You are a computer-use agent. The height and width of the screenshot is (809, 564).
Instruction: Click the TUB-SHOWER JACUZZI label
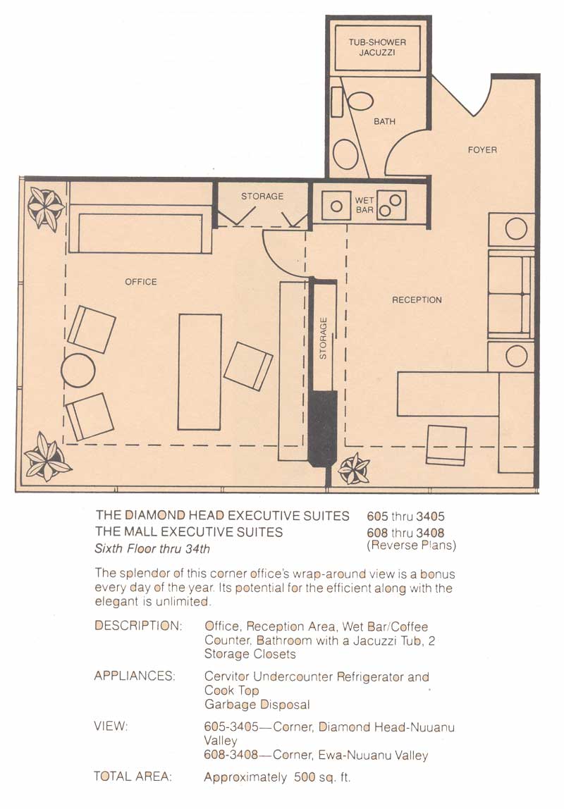(377, 47)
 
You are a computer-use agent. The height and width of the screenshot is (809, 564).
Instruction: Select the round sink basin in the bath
(345, 154)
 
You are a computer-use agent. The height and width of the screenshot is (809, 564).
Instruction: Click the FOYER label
(482, 149)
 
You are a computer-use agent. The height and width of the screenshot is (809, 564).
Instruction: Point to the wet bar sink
(336, 205)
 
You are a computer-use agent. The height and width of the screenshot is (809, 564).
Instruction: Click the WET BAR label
(364, 205)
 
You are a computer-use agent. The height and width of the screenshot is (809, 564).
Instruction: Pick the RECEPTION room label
(417, 299)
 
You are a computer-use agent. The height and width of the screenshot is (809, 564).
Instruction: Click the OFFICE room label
(141, 282)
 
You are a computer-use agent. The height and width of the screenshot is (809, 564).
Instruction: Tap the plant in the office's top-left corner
(46, 208)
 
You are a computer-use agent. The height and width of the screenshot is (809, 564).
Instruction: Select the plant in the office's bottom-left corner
(47, 457)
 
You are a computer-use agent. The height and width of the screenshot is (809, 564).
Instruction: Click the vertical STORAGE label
(323, 338)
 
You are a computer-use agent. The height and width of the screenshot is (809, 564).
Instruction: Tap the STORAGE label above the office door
(262, 196)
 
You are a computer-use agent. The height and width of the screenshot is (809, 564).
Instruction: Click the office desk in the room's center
(200, 371)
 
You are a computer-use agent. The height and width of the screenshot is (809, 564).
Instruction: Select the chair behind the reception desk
(446, 445)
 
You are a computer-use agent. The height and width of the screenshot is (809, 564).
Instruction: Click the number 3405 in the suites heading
(430, 517)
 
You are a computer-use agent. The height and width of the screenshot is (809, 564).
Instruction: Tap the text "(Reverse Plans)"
(411, 545)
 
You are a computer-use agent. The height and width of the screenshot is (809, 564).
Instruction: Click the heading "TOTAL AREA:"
(133, 777)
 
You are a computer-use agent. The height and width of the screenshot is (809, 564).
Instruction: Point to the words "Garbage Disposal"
(257, 704)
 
